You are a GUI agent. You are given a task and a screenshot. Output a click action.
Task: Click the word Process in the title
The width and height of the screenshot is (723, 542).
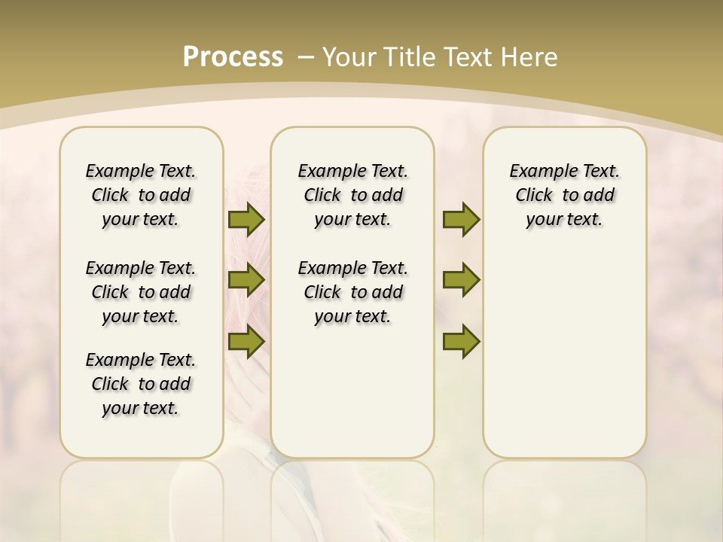[x=233, y=57]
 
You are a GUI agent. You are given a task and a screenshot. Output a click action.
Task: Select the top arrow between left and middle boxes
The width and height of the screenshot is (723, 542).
[x=246, y=219]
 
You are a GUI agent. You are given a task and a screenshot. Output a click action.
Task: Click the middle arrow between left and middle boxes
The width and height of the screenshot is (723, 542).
[x=246, y=280]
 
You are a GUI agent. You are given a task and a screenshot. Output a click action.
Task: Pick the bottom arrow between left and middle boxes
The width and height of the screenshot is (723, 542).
[x=246, y=341]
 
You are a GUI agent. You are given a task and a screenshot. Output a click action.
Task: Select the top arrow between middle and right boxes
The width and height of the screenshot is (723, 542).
[x=461, y=219]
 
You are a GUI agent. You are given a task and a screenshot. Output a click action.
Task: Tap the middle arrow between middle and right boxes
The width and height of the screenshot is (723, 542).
[x=461, y=280]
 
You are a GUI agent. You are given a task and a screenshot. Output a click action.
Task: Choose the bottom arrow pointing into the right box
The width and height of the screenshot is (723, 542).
[x=461, y=341]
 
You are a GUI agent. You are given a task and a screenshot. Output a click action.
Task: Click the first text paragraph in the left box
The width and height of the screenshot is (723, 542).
[x=141, y=195]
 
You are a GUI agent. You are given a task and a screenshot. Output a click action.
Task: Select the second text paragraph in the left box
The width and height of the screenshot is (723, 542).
[x=141, y=292]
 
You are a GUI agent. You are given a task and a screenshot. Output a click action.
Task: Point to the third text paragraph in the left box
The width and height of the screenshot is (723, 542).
[x=141, y=384]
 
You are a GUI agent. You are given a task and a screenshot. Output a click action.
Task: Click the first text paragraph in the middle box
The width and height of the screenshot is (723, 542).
[x=352, y=195]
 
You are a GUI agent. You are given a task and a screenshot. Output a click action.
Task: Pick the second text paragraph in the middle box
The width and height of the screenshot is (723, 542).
[x=352, y=292]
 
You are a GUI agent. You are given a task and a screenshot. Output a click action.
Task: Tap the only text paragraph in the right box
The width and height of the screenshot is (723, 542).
[x=564, y=195]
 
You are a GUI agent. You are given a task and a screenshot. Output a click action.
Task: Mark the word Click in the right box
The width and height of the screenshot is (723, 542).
[x=534, y=196]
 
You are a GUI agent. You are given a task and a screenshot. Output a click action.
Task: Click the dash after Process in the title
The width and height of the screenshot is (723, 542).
[x=307, y=57]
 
